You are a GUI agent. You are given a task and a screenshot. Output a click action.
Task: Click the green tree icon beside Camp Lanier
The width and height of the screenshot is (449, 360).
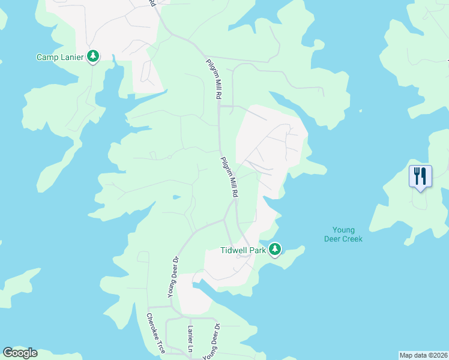pyautogui.click(x=93, y=57)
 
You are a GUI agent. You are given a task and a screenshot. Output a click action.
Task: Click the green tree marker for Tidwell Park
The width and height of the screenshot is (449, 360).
pyautogui.click(x=275, y=248)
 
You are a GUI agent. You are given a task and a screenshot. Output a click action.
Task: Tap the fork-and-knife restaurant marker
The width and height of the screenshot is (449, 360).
pyautogui.click(x=420, y=176)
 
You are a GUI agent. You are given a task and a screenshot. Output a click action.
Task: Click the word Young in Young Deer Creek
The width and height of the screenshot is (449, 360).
pyautogui.click(x=344, y=230)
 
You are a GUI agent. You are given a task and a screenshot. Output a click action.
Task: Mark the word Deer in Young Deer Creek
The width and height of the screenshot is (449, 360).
pyautogui.click(x=333, y=239)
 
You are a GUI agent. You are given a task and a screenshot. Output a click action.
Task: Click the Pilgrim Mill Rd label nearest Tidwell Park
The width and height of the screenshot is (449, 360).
pyautogui.click(x=229, y=177)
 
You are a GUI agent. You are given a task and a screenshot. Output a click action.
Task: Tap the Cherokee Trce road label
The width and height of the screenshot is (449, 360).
pyautogui.click(x=155, y=333)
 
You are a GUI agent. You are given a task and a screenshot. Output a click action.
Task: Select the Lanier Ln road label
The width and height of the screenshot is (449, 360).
pyautogui.click(x=190, y=339)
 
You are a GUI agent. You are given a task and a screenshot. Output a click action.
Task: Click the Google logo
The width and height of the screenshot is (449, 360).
pyautogui.click(x=20, y=353)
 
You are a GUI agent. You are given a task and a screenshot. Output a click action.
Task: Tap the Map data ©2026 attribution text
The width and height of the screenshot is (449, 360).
pyautogui.click(x=423, y=355)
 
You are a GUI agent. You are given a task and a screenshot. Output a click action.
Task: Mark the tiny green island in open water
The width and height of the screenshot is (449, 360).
pyautogui.click(x=361, y=110)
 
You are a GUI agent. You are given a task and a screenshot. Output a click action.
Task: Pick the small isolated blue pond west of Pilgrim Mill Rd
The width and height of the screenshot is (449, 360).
pyautogui.click(x=175, y=196)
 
